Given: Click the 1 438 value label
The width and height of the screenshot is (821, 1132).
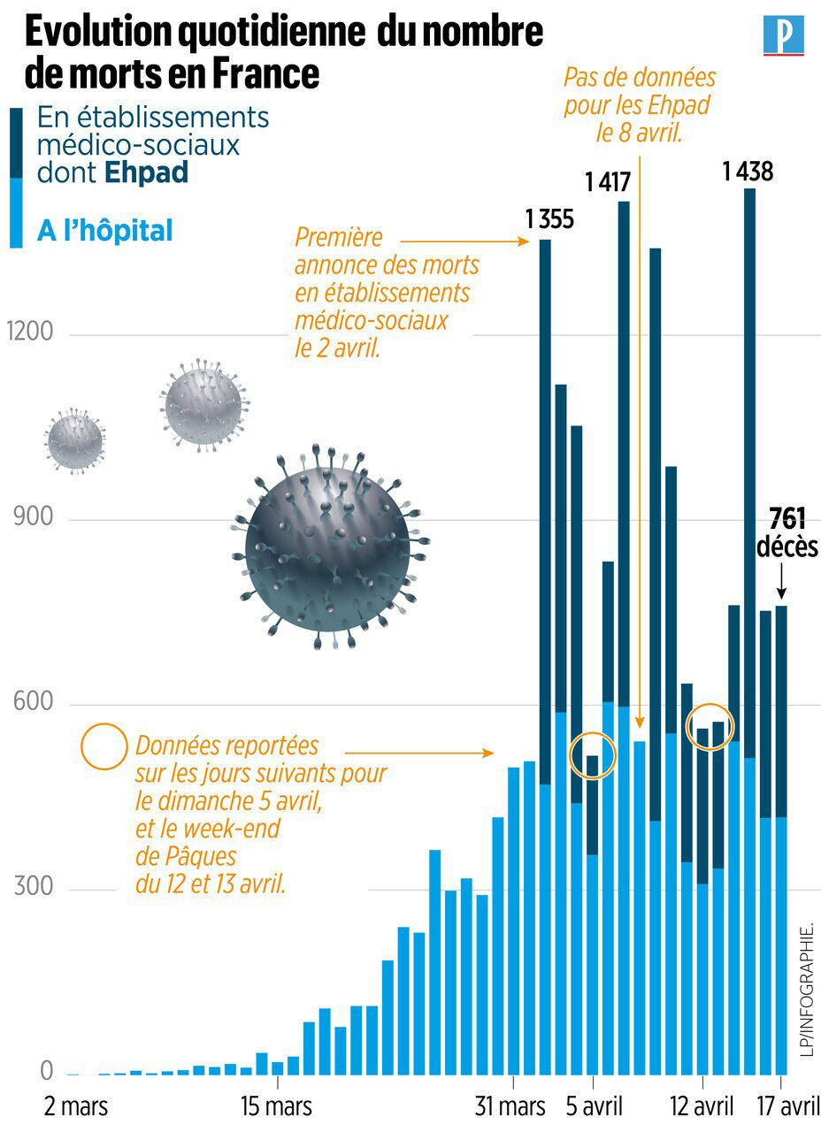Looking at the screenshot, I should tap(748, 172).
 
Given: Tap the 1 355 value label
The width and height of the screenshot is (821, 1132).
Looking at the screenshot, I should tap(549, 218).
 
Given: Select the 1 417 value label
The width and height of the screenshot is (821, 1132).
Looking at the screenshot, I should tap(607, 183).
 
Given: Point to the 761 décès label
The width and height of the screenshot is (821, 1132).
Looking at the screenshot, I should tap(786, 532).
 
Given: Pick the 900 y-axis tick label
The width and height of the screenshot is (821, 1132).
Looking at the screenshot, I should tap(34, 518).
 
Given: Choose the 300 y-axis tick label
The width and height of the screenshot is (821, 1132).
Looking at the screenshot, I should tap(34, 888).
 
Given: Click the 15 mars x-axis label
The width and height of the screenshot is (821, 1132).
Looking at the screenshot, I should tap(276, 1106).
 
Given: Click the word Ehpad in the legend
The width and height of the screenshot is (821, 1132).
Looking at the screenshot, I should tap(146, 172).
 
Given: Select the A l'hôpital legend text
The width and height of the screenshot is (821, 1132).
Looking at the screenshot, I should tap(104, 232).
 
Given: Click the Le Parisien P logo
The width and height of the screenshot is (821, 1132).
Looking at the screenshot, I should tap(783, 35).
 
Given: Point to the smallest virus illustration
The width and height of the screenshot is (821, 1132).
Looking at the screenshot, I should tap(75, 437).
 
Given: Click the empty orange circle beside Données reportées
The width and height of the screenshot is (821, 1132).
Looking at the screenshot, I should tap(105, 746).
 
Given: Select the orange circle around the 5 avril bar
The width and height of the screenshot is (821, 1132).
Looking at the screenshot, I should tap(592, 755).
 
